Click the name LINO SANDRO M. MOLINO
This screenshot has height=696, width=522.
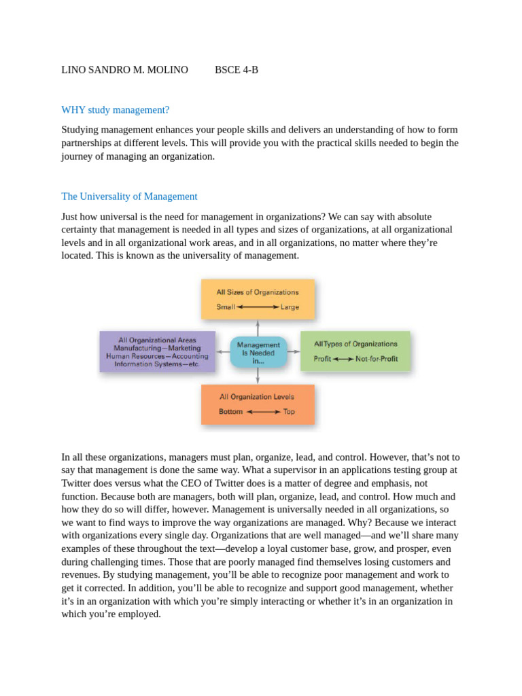tap(124, 70)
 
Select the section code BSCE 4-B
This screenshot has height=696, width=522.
tap(237, 70)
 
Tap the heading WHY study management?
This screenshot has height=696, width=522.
tap(115, 110)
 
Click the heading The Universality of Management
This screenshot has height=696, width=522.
tap(129, 196)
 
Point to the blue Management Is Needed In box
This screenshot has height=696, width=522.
tap(258, 353)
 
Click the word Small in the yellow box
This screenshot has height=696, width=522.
tap(226, 307)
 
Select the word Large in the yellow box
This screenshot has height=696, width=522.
tap(290, 307)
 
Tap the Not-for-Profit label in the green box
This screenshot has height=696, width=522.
tap(377, 359)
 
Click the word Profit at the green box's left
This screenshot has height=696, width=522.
tap(322, 359)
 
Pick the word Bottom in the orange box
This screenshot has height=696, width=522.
tap(230, 412)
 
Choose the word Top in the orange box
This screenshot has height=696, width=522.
tap(289, 412)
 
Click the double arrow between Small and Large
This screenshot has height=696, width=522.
tap(258, 307)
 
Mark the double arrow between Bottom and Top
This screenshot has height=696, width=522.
tap(263, 412)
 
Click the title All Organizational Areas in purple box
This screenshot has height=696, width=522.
tap(157, 340)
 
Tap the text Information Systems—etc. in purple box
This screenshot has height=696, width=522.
tap(157, 364)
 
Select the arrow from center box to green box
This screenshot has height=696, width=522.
tap(293, 352)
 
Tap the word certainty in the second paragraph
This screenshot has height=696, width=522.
tap(81, 230)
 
